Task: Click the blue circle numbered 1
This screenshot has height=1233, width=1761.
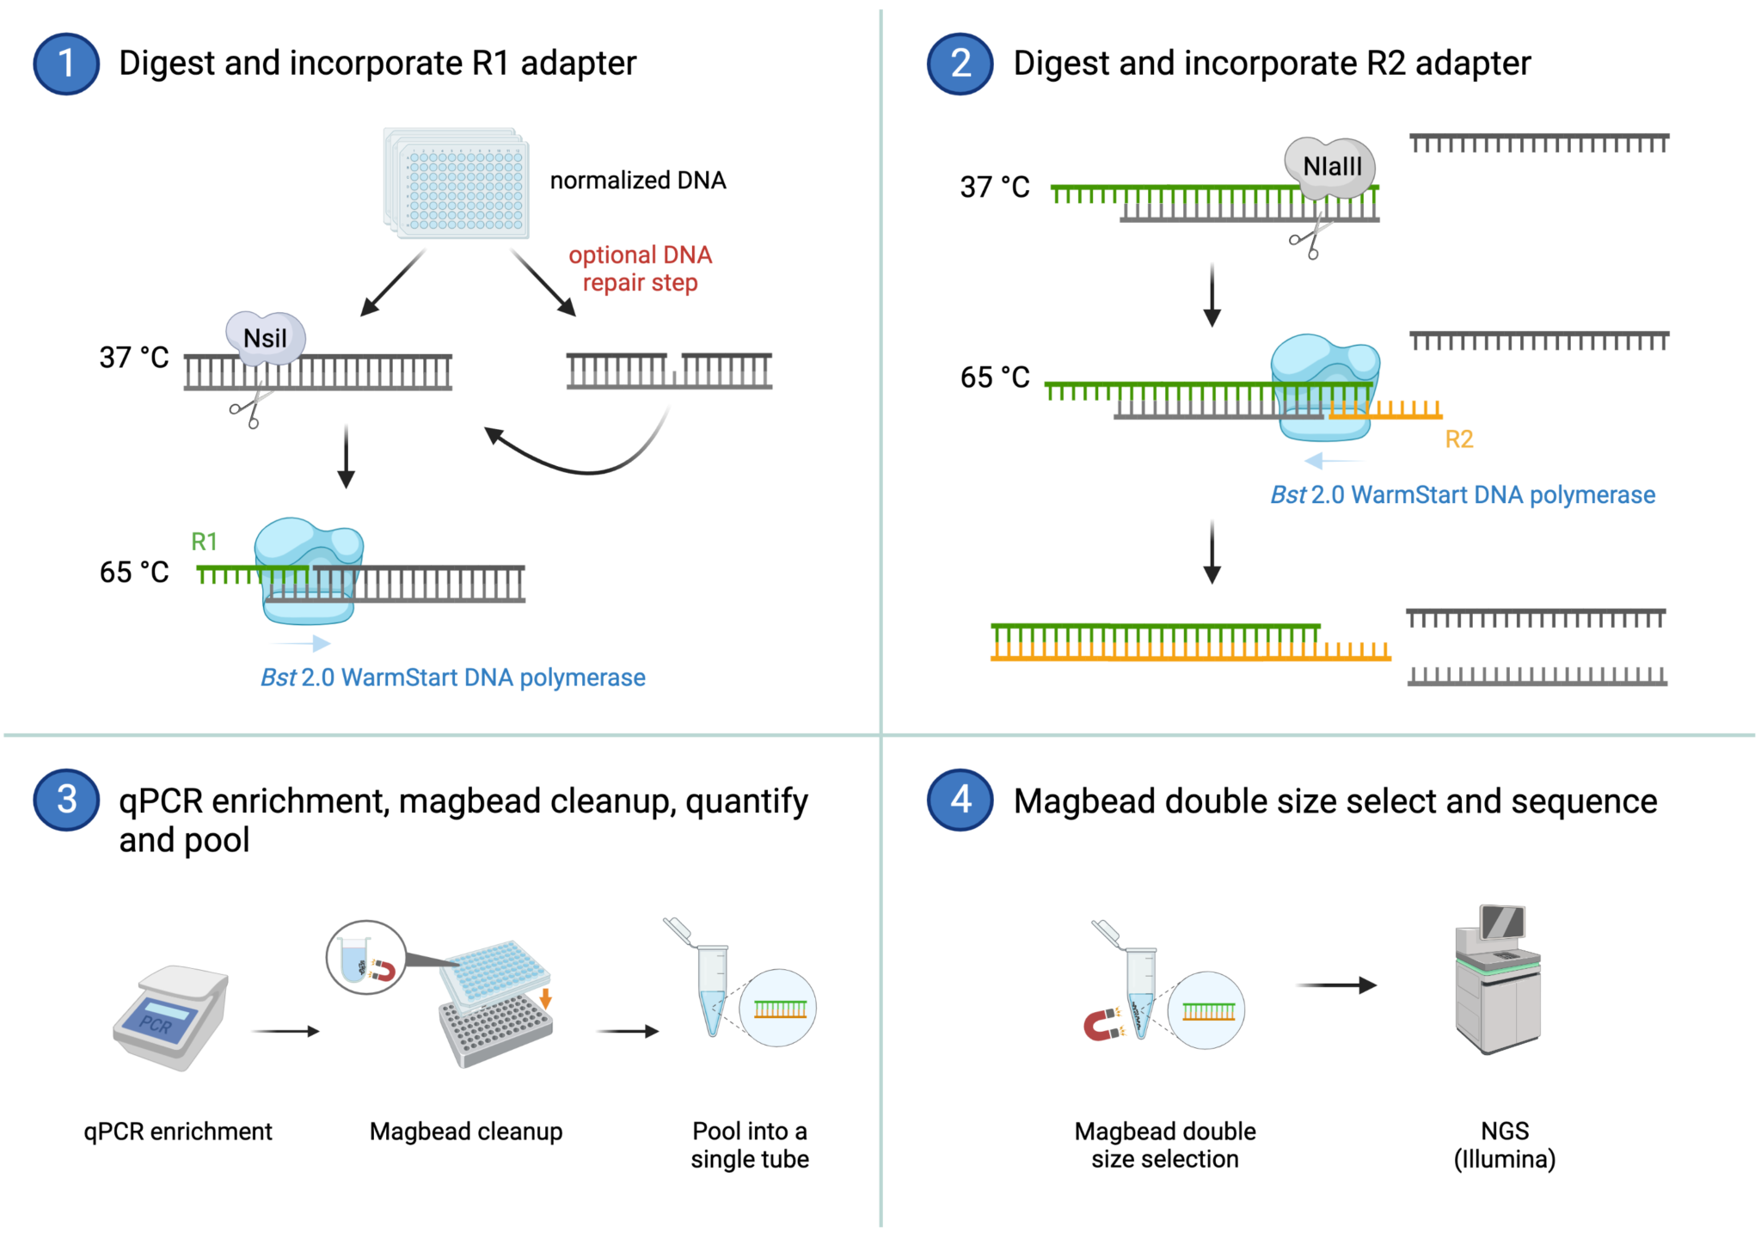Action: [x=66, y=64]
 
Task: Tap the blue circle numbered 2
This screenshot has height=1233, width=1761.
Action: [x=960, y=64]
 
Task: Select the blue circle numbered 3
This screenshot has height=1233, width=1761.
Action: [x=66, y=800]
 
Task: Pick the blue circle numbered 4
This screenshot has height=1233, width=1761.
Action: [x=960, y=800]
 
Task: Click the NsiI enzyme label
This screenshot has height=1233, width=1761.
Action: [x=265, y=338]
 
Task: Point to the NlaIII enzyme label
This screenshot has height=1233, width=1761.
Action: [x=1331, y=166]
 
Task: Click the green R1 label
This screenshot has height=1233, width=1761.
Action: [x=204, y=541]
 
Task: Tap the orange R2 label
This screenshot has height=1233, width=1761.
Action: [x=1458, y=439]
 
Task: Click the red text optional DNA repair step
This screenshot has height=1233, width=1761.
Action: [x=641, y=268]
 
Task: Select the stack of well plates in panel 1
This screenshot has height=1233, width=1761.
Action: [x=457, y=183]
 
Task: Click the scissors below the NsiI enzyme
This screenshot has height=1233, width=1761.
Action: [x=249, y=408]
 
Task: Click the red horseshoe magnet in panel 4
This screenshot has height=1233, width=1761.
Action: [x=1103, y=1024]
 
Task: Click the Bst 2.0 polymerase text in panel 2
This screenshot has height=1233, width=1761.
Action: [x=1462, y=494]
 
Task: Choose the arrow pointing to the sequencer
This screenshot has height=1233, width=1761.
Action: [x=1335, y=985]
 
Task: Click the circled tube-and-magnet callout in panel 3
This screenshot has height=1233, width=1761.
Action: [x=366, y=957]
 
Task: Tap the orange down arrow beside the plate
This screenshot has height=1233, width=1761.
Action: [x=545, y=998]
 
